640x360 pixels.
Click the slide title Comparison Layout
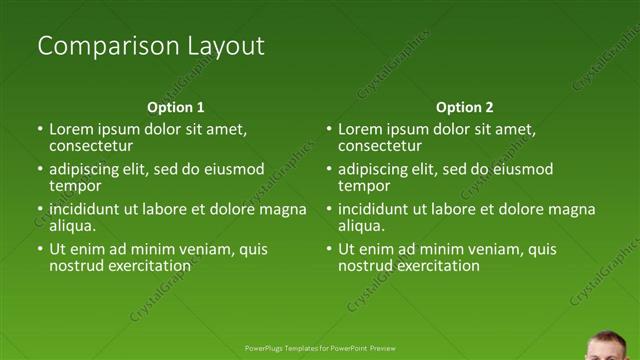150,46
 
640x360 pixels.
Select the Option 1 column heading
176,107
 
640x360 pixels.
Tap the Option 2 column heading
464,107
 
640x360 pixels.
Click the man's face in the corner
608,346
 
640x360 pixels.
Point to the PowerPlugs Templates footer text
320,348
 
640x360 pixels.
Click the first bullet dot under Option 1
40,130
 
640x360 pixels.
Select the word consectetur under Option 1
91,146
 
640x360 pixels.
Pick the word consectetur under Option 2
380,146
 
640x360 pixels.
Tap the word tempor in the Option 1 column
75,186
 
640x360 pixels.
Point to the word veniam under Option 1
213,249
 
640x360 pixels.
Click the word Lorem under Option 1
71,130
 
